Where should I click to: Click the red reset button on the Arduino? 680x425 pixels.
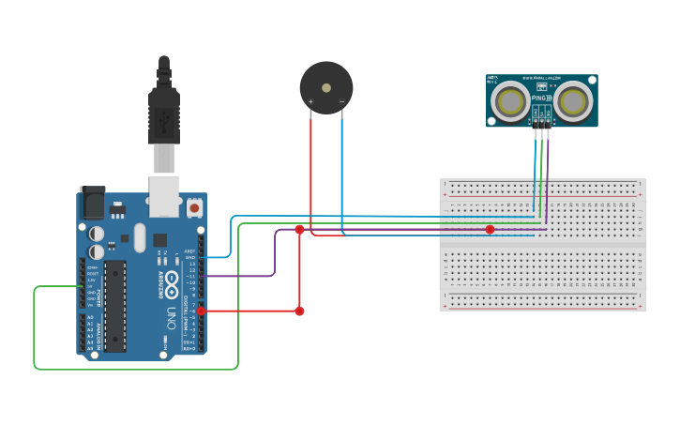(x=194, y=207)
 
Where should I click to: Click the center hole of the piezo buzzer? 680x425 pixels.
(x=325, y=87)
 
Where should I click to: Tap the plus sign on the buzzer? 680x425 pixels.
(x=310, y=101)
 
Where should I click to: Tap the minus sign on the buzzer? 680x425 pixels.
(x=341, y=101)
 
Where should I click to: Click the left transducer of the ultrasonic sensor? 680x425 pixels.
(x=511, y=100)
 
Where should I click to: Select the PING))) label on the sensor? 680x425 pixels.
(x=539, y=98)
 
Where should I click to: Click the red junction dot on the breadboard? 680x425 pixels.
(x=490, y=229)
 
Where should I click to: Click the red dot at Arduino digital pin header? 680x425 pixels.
(x=200, y=311)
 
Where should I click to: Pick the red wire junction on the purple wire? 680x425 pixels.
(x=299, y=229)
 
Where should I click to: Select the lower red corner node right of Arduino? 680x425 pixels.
(x=299, y=311)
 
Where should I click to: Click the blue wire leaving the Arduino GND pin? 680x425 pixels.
(x=221, y=256)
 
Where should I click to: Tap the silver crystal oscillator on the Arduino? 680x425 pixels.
(x=140, y=237)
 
